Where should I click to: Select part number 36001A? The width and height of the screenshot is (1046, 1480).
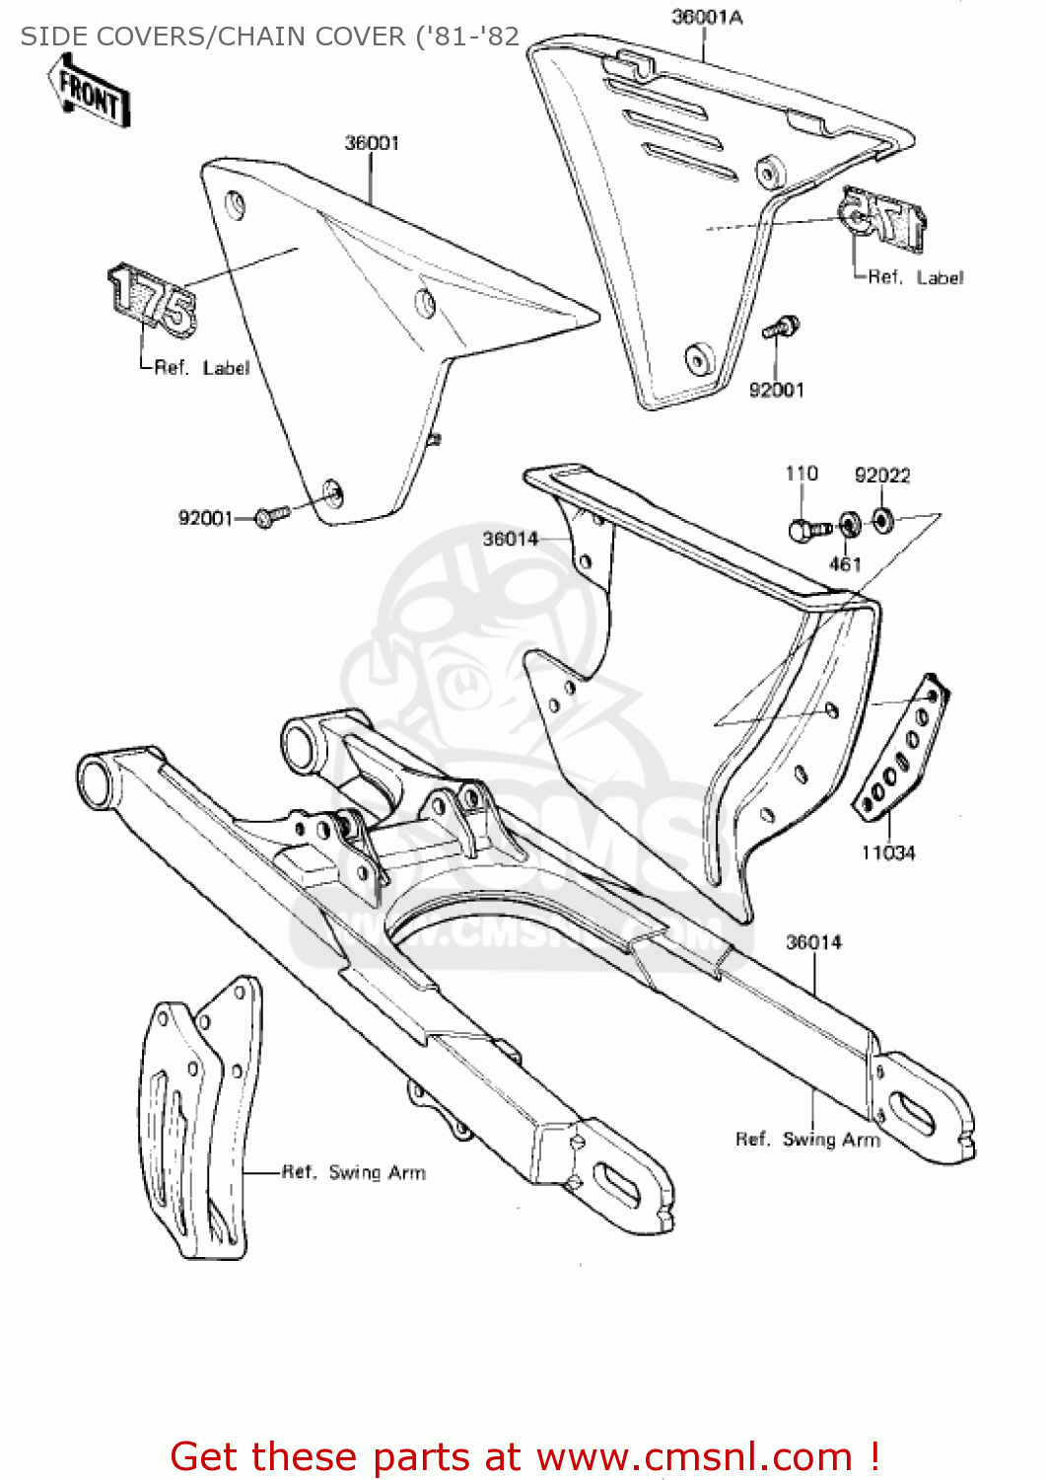[706, 17]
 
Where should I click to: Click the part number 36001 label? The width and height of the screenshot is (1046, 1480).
[372, 143]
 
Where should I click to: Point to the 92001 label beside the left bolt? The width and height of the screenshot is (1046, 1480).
[205, 518]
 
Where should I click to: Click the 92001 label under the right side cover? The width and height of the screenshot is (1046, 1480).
[776, 390]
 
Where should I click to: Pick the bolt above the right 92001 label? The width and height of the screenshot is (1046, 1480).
[781, 327]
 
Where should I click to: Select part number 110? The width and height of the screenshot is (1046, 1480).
[801, 474]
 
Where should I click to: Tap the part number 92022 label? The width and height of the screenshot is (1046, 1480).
[882, 476]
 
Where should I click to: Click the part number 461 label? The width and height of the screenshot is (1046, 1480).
[845, 564]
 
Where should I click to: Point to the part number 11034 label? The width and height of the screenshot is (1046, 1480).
[887, 852]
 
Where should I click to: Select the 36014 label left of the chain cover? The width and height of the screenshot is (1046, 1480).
[510, 539]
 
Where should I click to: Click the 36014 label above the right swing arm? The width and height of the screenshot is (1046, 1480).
[813, 942]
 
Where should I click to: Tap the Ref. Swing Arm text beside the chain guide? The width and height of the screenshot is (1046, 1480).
[354, 1172]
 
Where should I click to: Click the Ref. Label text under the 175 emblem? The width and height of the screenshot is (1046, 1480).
[201, 368]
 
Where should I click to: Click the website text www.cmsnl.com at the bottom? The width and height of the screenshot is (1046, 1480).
[693, 1456]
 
